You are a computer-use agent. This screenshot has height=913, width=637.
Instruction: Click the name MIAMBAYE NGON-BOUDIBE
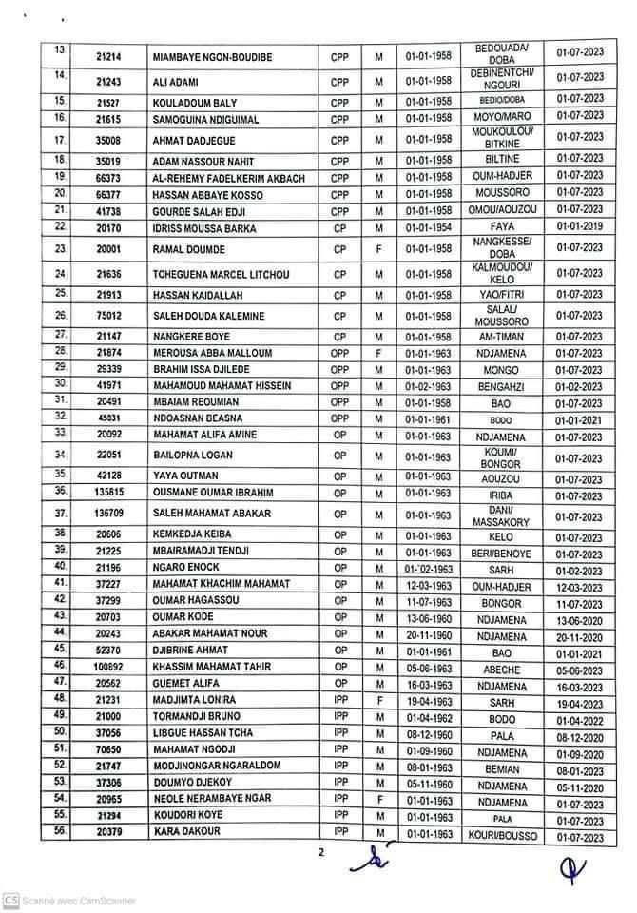point(212,58)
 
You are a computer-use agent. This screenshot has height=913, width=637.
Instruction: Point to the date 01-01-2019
point(580,226)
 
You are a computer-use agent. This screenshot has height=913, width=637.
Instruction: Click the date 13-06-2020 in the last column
point(580,618)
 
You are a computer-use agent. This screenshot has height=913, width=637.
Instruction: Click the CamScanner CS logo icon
point(10,900)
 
